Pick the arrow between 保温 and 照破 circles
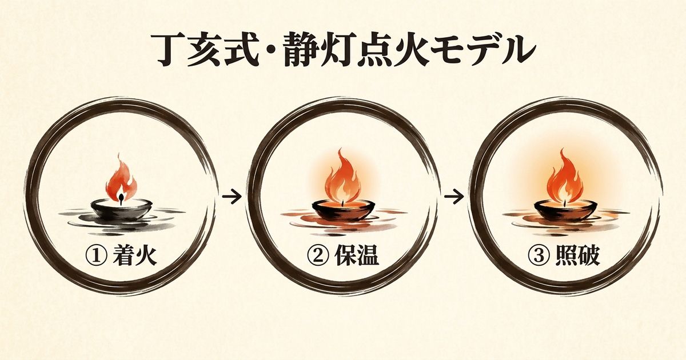point(453,197)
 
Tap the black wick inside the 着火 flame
point(121,198)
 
